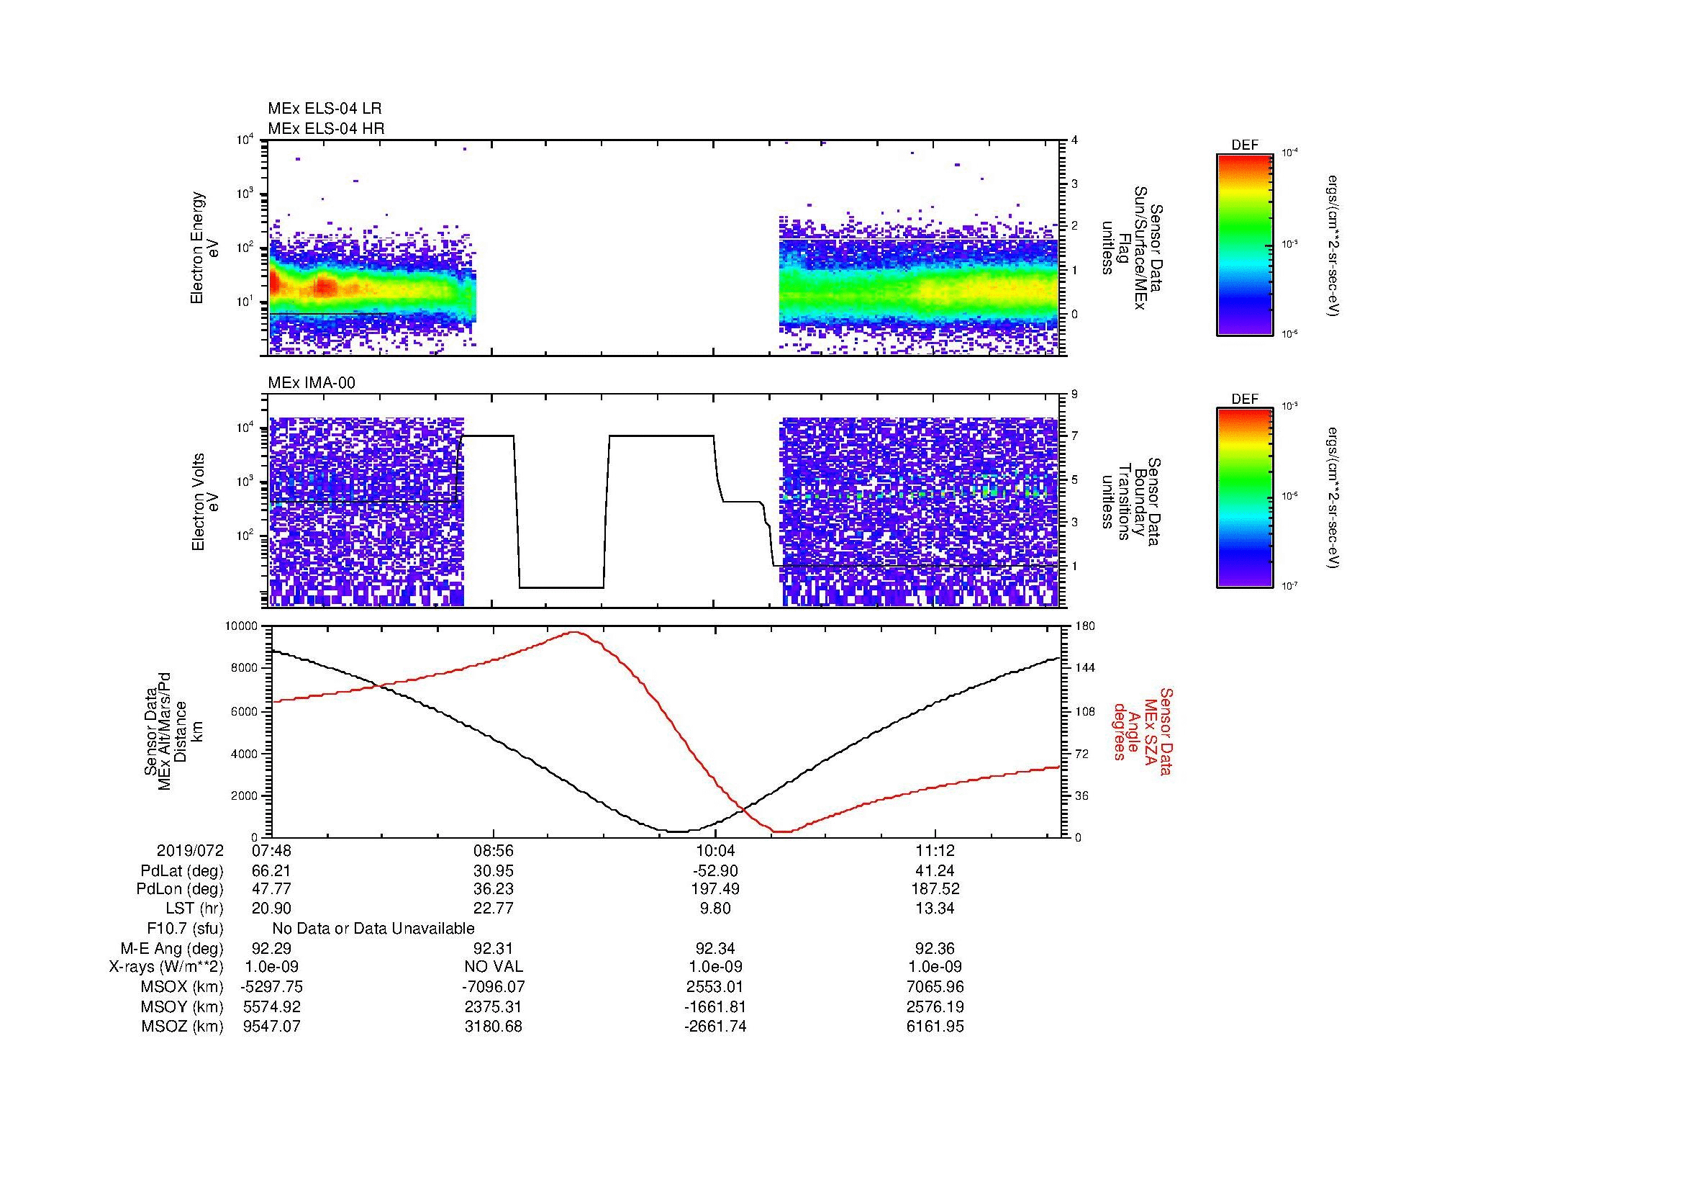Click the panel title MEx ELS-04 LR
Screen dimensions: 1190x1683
[324, 109]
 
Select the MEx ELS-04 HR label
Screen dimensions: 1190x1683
[325, 128]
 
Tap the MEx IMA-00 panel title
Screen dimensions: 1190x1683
[312, 383]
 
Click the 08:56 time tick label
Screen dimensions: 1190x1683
[494, 851]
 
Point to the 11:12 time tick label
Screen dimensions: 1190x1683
[935, 851]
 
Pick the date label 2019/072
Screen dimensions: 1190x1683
[190, 851]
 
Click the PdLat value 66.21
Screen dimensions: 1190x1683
[271, 871]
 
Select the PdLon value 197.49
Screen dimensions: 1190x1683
[715, 889]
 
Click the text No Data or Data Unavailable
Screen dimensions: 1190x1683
[373, 929]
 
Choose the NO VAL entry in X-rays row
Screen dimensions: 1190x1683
[494, 967]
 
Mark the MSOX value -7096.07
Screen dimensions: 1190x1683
[494, 987]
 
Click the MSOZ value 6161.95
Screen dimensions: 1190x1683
[935, 1027]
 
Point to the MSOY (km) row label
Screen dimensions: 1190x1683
[182, 1006]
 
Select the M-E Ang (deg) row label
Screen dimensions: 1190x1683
[171, 949]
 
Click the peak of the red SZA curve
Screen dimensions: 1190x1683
[574, 632]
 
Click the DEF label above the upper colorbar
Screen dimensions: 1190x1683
[1244, 145]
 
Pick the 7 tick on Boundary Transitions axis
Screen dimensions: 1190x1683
[1074, 436]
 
